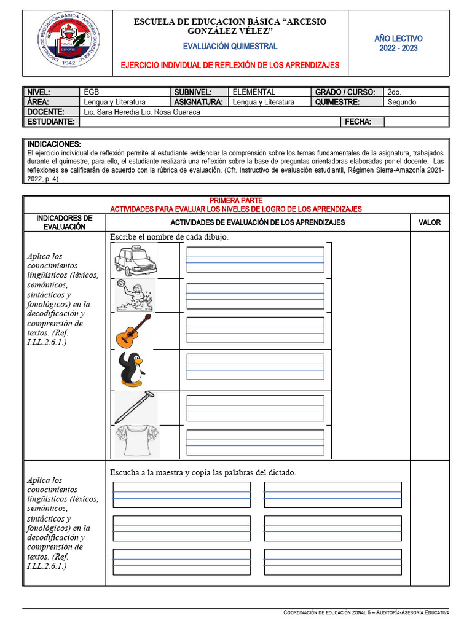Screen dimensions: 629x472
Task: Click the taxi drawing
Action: (135, 261)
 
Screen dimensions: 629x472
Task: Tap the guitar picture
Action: (133, 332)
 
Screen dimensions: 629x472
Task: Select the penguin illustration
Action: (131, 369)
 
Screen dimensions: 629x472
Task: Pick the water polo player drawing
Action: (135, 295)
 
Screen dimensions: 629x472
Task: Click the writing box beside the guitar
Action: (255, 330)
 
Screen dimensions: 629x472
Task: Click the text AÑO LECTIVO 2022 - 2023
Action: (398, 43)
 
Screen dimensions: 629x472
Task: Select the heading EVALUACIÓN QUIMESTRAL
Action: (230, 46)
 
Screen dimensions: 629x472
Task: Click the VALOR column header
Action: (429, 222)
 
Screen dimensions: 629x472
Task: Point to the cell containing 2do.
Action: (395, 92)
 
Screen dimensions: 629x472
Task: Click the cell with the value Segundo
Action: (401, 102)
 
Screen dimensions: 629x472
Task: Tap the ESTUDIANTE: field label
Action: (50, 122)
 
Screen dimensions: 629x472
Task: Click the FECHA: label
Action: (358, 122)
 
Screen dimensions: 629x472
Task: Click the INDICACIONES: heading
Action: (54, 144)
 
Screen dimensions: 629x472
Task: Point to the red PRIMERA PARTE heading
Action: (236, 201)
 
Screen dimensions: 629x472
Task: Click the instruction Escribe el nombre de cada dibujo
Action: (169, 237)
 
